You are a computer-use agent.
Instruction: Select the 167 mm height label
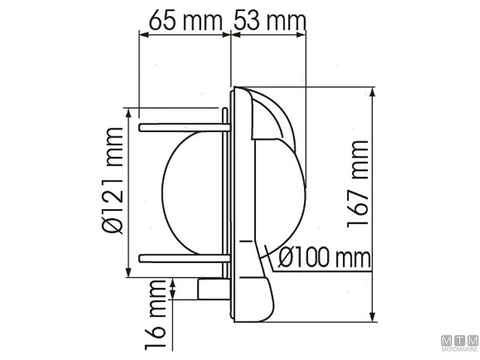coord(358,184)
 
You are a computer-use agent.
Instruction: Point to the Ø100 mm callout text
coord(325,259)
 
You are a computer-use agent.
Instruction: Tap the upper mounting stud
coord(184,127)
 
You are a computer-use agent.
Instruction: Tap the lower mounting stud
coord(184,258)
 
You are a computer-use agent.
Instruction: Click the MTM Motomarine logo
coord(460,343)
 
